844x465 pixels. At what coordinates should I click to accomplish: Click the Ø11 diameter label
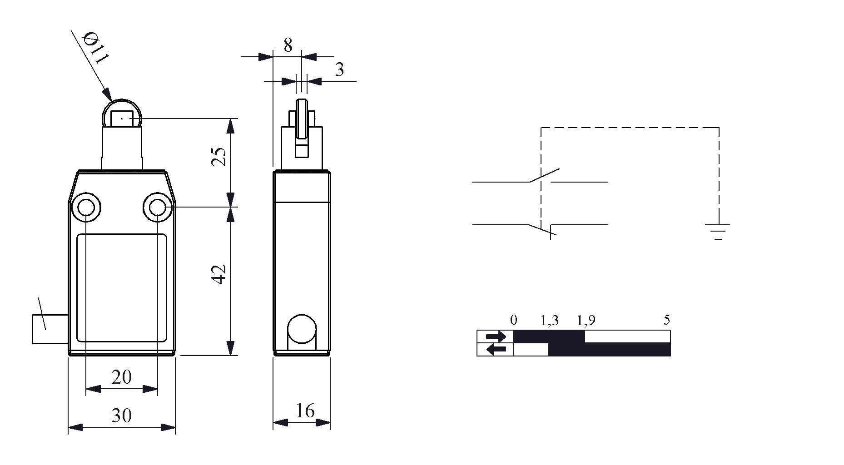(x=96, y=48)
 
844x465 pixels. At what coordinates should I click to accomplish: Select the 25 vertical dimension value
(x=220, y=157)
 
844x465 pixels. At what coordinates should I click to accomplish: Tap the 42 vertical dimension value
(x=220, y=274)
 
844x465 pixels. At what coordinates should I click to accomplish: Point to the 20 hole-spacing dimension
(x=121, y=376)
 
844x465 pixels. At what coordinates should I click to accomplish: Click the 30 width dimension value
(x=121, y=415)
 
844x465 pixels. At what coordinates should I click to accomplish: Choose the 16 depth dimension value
(x=305, y=411)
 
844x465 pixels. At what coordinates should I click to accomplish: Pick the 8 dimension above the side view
(x=288, y=45)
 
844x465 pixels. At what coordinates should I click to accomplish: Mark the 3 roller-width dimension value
(x=339, y=69)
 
